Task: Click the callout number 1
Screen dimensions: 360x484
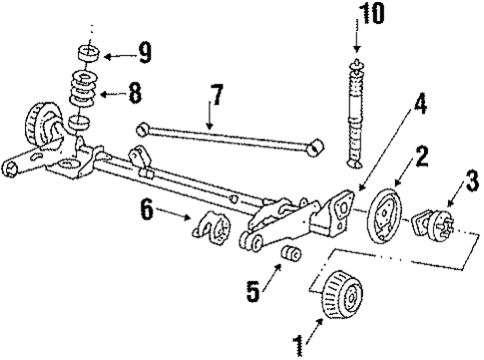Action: pos(296,346)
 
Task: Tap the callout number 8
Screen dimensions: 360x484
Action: pos(134,95)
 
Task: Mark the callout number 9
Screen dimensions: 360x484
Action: pos(146,50)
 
